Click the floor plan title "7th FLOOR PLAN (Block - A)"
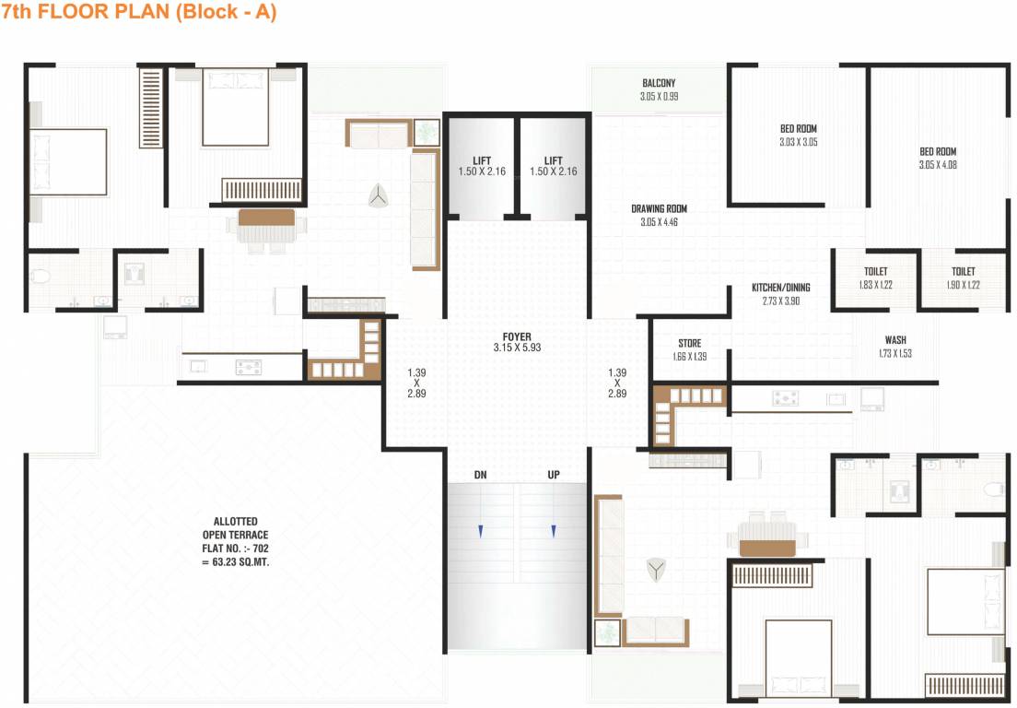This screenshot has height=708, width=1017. [x=139, y=13]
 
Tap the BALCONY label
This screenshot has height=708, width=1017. [x=659, y=84]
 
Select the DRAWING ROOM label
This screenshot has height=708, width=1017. [x=659, y=209]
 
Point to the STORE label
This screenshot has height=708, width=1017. [x=689, y=344]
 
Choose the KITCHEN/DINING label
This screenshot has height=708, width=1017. [x=781, y=289]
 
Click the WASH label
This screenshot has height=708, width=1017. [x=894, y=341]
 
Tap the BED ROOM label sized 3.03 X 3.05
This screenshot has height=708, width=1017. [x=798, y=129]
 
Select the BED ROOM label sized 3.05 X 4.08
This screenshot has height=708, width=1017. [x=938, y=152]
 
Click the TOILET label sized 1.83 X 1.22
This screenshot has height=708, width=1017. [x=875, y=272]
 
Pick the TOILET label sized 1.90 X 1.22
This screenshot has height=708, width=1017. [x=963, y=272]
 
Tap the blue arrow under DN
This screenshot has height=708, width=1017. [x=480, y=530]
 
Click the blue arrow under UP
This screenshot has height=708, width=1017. [x=554, y=530]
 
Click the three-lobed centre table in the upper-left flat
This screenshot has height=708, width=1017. [x=377, y=195]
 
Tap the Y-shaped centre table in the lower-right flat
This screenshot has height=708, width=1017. [x=656, y=569]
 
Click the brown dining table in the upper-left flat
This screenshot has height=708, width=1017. [x=266, y=218]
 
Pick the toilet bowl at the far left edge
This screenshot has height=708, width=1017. [x=38, y=275]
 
